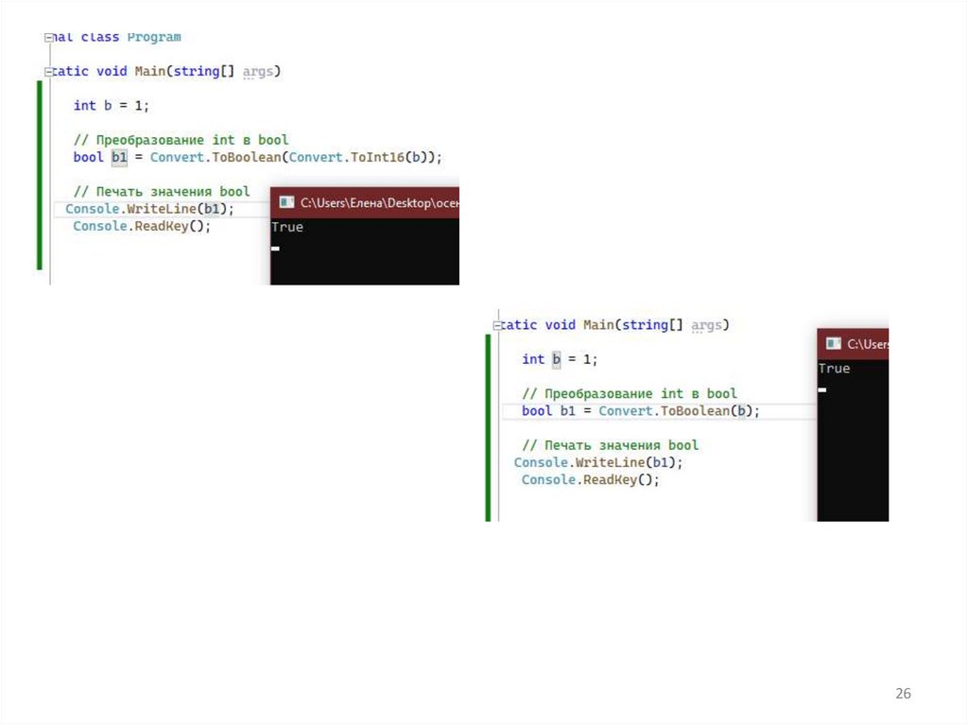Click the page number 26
903,694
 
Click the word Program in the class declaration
154,37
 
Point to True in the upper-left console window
286,227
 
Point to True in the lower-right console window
834,369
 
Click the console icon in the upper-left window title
285,202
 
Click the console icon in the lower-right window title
833,344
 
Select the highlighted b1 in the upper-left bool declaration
119,157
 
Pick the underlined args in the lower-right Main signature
706,325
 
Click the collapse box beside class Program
49,37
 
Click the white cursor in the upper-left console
275,249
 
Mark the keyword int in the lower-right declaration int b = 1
533,359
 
